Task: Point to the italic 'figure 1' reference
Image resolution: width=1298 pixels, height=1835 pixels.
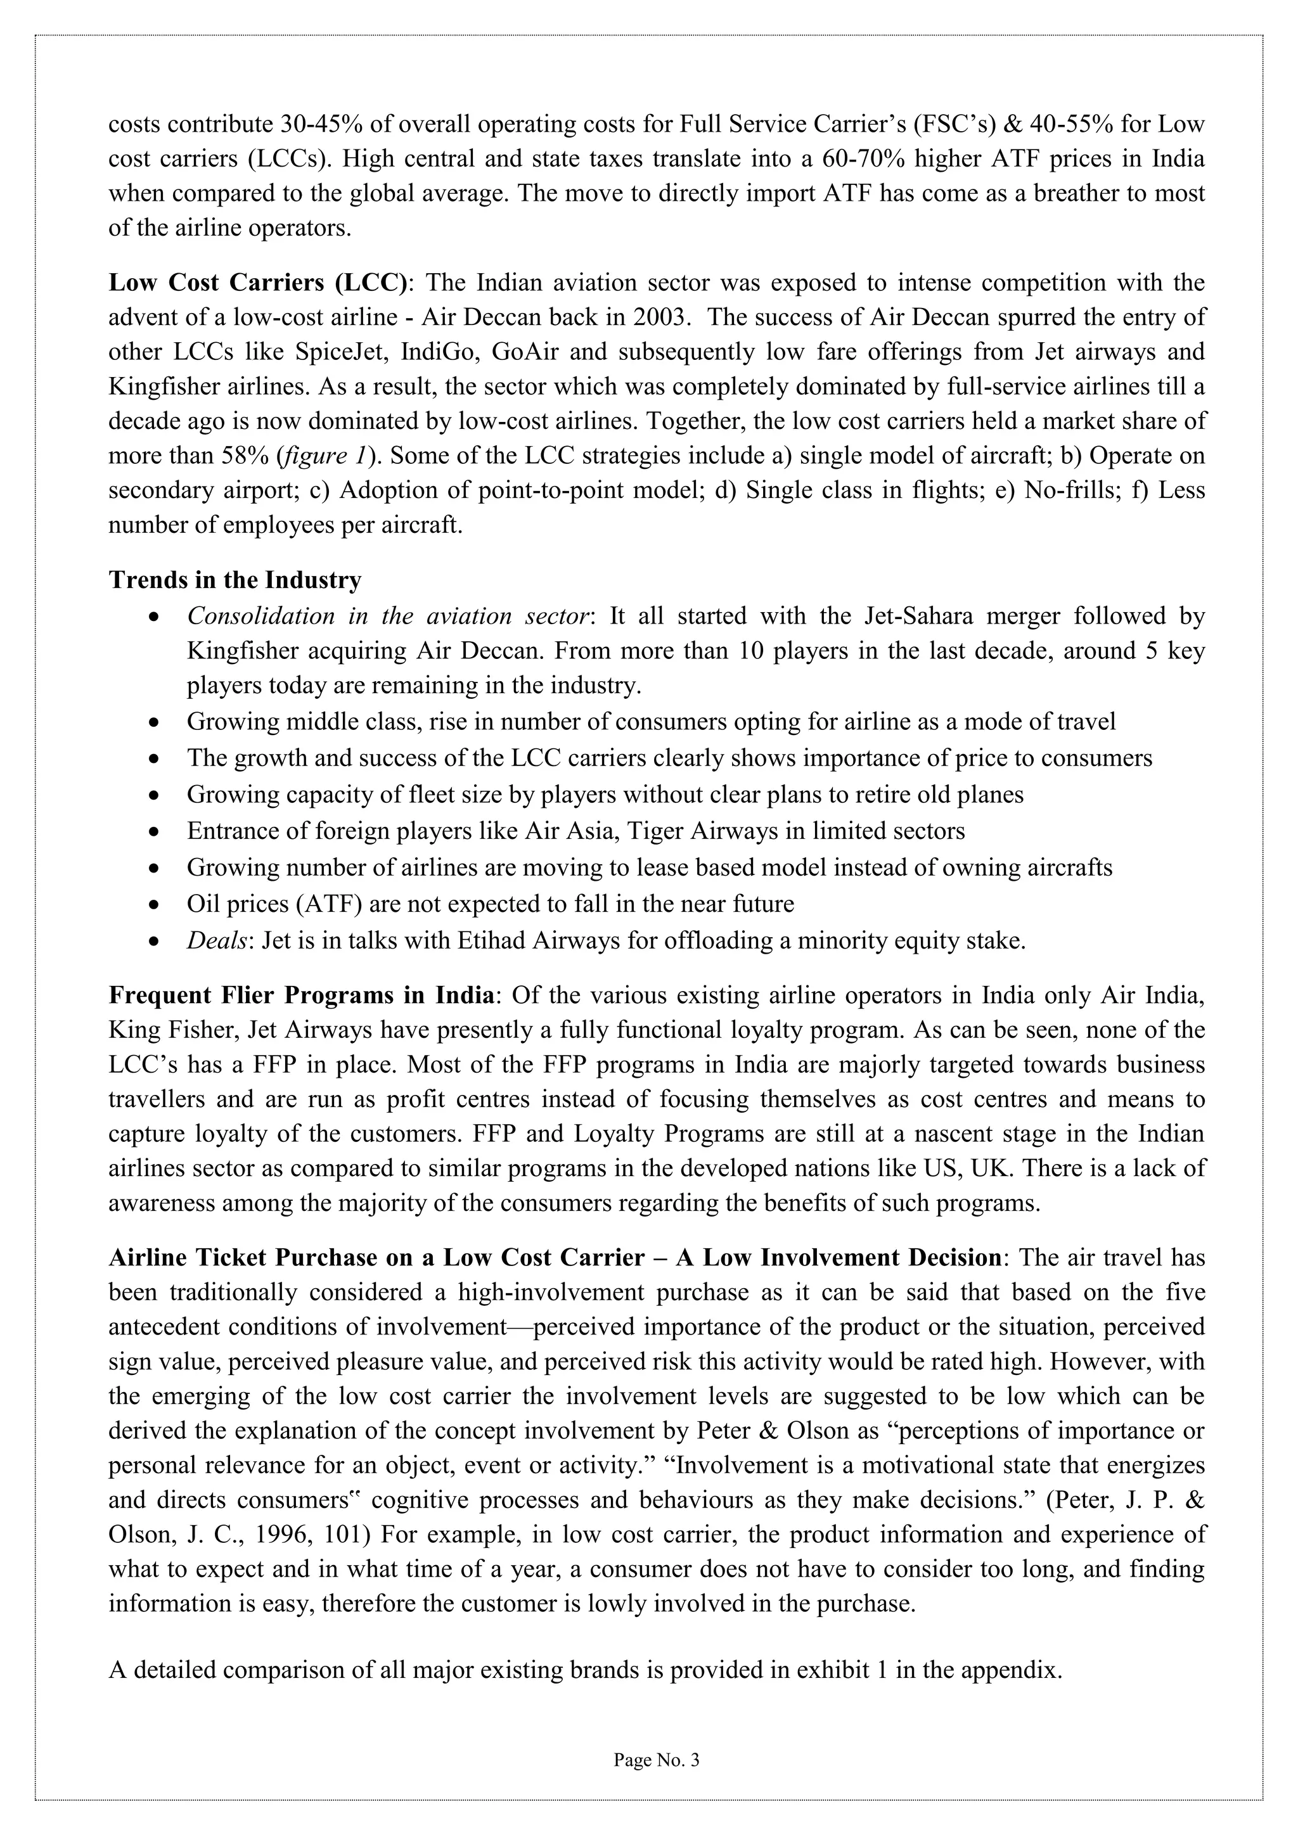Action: [325, 456]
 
